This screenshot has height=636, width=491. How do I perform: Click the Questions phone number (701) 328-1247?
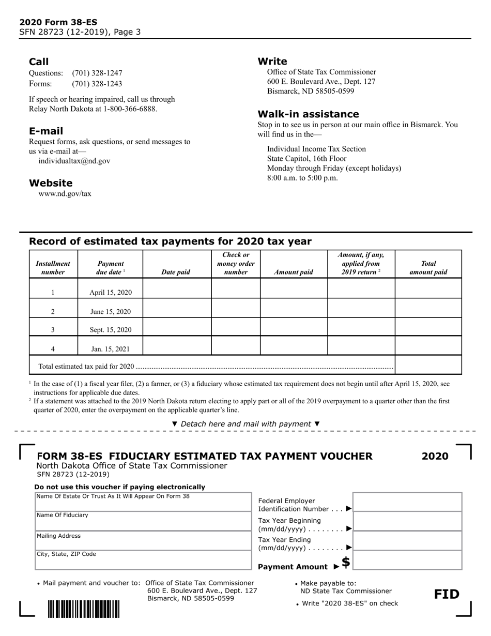coord(97,73)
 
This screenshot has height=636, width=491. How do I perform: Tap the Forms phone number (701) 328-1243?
coord(97,84)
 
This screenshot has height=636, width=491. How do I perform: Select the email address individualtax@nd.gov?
coord(74,161)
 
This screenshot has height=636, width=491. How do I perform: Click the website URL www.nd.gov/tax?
coord(65,194)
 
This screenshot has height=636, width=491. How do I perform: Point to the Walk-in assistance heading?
coord(308,114)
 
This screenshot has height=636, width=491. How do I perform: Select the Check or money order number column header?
coord(236,263)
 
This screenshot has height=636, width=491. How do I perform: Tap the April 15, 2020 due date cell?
coord(111,293)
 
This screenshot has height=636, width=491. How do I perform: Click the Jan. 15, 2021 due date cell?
coord(111,349)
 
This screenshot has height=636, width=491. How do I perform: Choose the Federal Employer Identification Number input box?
coord(407,502)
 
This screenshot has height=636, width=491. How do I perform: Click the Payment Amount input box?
coord(407,560)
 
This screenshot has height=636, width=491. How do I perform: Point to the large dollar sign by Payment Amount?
coord(346,562)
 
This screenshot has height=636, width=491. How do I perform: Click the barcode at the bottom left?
coord(84,609)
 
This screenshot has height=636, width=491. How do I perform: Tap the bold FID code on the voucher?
coord(447,594)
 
